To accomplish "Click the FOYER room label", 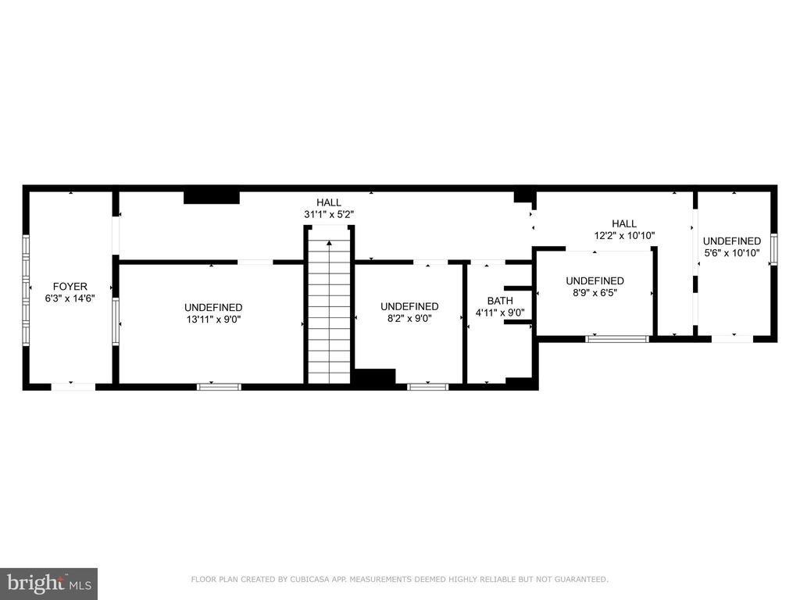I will click(x=70, y=286).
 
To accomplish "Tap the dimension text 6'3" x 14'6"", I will click(x=70, y=298).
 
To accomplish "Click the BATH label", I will click(x=500, y=301).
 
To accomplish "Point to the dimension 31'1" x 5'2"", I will click(x=329, y=214).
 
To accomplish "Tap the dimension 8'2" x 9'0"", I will click(x=409, y=318).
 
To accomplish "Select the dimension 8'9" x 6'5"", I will click(x=595, y=293).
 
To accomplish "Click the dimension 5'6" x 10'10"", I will click(x=731, y=252).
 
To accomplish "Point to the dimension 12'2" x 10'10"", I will click(x=624, y=235).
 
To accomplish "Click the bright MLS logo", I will click(x=48, y=583).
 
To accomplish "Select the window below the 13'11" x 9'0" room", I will click(x=219, y=386).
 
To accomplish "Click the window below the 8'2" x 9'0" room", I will click(x=428, y=386).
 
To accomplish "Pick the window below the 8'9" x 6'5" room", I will click(x=617, y=338).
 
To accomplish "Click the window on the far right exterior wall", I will click(x=773, y=248).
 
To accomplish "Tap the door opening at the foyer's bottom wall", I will click(x=73, y=386).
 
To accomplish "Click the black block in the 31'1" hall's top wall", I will click(x=211, y=196).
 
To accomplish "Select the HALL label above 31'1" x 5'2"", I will click(x=329, y=202).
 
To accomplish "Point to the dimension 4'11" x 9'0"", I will click(x=500, y=312).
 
